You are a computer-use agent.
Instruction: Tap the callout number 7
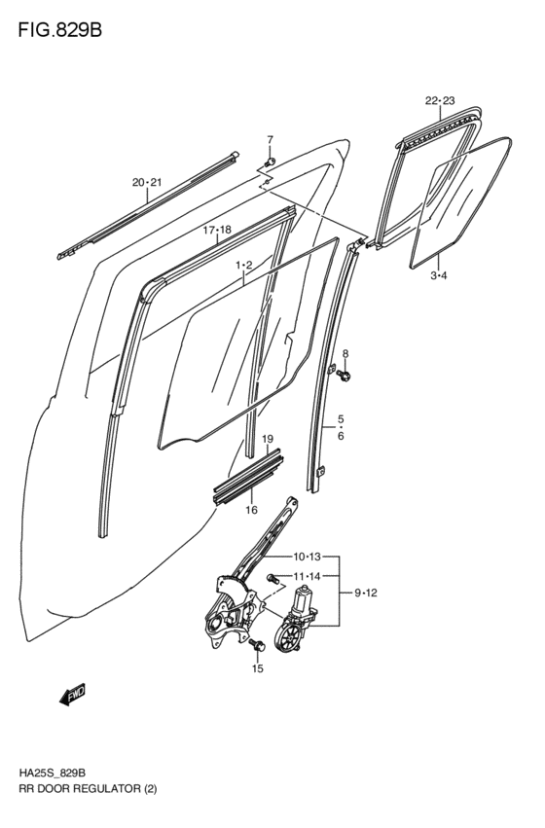(x=270, y=139)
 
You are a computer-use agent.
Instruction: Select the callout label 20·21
(x=147, y=182)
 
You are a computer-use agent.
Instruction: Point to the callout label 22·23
(x=440, y=100)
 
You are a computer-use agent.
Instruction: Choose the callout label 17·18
(x=216, y=231)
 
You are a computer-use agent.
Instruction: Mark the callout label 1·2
(x=243, y=265)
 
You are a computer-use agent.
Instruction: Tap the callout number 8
(x=345, y=353)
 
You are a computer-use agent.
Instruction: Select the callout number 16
(x=251, y=509)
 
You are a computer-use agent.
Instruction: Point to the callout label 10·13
(x=307, y=557)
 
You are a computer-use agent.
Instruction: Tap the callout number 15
(x=258, y=668)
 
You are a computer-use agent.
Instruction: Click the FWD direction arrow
(x=73, y=694)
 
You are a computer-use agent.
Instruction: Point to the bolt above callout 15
(x=257, y=644)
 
